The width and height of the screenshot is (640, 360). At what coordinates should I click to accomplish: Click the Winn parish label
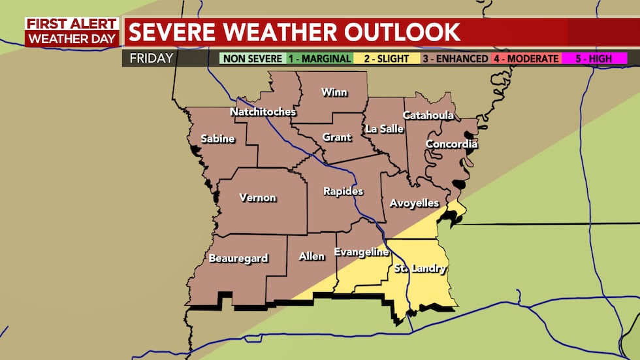click(334, 92)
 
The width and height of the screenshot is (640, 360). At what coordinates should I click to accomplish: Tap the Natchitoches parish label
click(263, 112)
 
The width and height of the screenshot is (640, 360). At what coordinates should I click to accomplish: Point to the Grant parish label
click(337, 137)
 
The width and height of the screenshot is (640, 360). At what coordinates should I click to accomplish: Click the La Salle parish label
click(384, 129)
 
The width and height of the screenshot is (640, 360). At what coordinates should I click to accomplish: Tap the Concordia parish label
click(451, 144)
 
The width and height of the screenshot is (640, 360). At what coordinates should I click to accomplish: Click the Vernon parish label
click(258, 198)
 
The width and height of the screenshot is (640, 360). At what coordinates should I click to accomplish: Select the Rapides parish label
click(344, 191)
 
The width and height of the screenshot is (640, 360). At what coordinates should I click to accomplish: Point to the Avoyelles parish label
click(414, 203)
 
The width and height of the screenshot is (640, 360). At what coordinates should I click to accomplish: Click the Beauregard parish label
click(238, 258)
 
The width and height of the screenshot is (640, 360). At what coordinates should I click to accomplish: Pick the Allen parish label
click(312, 256)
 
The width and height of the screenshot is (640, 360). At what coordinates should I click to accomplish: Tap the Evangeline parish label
click(361, 252)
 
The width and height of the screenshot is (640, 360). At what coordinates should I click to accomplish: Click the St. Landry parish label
click(419, 269)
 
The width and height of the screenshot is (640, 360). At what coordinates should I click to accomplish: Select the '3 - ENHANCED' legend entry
click(451, 59)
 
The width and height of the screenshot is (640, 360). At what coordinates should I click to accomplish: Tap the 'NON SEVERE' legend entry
click(252, 59)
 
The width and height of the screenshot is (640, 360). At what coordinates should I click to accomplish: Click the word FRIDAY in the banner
click(151, 58)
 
